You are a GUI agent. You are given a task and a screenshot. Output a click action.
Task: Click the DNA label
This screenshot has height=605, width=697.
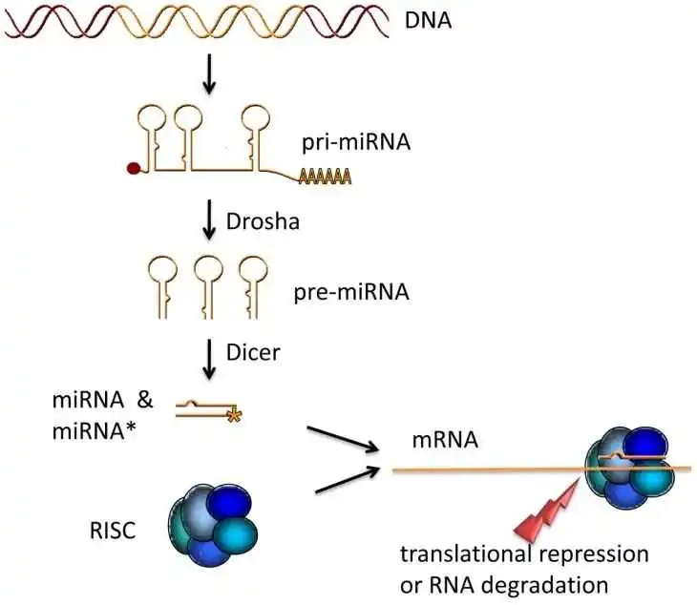pos(428,20)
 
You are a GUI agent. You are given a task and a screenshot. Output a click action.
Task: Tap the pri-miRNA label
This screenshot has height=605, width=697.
pos(356,142)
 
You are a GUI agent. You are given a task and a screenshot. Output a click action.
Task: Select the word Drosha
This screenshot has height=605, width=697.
pos(263,221)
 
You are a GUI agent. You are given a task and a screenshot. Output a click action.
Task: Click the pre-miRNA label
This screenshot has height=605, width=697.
pos(351,292)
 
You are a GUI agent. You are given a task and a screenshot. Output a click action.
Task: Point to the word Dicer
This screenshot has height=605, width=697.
pos(253,352)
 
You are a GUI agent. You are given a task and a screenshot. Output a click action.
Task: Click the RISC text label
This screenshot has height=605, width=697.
pos(113,530)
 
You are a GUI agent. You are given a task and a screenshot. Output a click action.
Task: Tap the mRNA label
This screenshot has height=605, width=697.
pos(445,440)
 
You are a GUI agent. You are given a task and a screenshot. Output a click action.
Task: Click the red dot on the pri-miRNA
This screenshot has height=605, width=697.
pos(134,168)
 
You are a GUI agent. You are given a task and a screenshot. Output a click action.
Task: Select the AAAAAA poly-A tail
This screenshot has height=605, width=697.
pos(326,177)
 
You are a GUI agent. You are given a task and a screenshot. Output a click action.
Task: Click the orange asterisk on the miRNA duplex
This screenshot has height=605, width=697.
pos(234,415)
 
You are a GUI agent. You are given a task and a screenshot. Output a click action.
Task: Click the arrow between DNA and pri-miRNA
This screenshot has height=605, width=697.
pos(209,74)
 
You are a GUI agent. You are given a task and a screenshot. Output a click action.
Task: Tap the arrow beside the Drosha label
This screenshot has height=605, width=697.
pos(209,219)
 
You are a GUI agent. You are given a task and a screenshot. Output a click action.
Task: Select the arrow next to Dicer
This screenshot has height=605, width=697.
pos(209,360)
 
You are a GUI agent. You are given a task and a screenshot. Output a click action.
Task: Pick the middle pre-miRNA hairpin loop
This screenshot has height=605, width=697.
pos(208,287)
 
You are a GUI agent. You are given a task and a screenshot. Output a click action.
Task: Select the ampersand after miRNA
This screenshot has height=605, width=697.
pos(145,399)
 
